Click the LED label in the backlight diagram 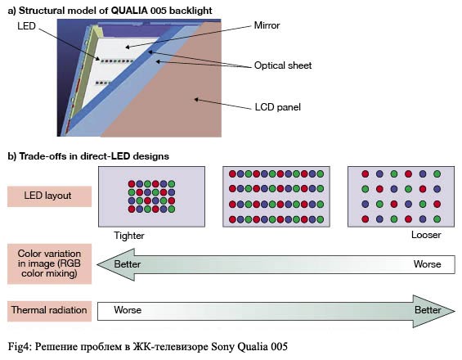[x=26, y=26]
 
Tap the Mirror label [x=267, y=25]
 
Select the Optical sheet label [x=283, y=65]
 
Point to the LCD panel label [x=277, y=106]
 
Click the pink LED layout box [x=50, y=196]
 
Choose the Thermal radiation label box [x=50, y=311]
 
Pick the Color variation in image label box [x=50, y=263]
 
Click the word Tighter [x=129, y=236]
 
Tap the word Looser [x=426, y=235]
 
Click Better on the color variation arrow [x=128, y=264]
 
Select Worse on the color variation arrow [x=427, y=264]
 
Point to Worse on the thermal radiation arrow [x=128, y=310]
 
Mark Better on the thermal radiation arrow [x=428, y=310]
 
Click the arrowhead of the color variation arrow [x=116, y=264]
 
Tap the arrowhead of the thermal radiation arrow [x=433, y=311]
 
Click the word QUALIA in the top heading [x=129, y=11]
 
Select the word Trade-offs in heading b [x=43, y=156]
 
